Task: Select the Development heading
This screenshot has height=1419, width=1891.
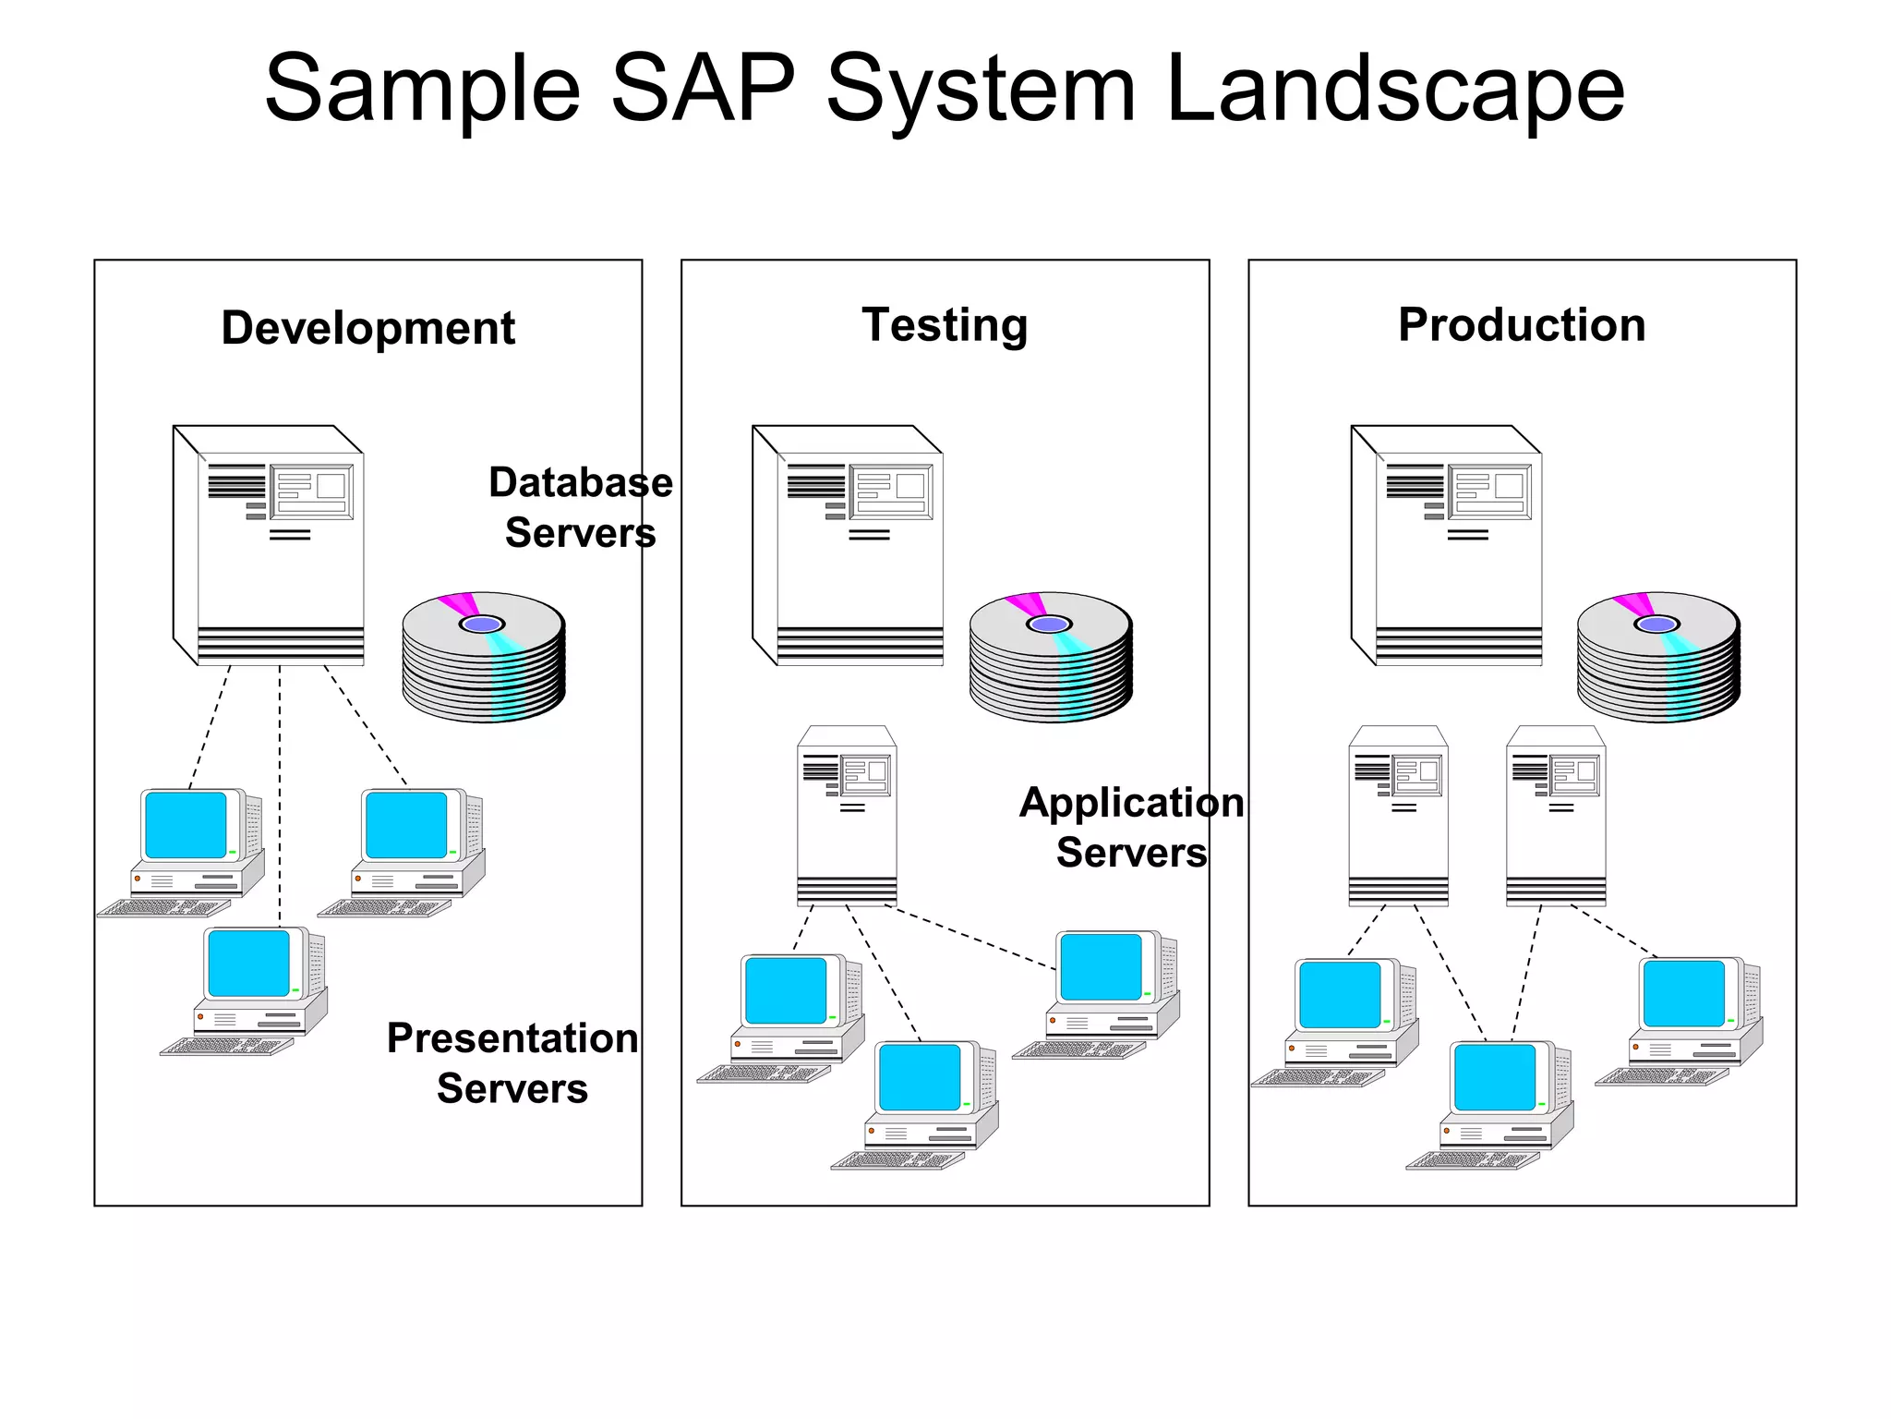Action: (x=367, y=328)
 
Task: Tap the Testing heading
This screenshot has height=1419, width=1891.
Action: (x=945, y=325)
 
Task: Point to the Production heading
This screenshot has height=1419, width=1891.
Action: (x=1522, y=325)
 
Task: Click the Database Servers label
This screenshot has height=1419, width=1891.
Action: (x=580, y=507)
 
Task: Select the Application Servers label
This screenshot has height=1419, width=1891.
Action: (x=1131, y=827)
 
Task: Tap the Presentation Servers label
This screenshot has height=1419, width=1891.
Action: (x=512, y=1062)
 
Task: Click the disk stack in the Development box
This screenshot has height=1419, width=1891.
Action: (x=483, y=657)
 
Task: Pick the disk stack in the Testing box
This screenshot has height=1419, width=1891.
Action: (x=1051, y=657)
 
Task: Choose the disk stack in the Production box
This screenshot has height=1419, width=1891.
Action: (x=1658, y=657)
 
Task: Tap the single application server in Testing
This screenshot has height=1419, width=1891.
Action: (x=847, y=816)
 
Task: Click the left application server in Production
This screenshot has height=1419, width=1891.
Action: (x=1398, y=816)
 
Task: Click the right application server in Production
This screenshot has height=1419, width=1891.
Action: (x=1556, y=816)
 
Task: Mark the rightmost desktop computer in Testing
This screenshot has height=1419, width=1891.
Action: (x=1103, y=993)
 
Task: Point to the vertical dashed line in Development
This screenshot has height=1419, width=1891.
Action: (x=280, y=794)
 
